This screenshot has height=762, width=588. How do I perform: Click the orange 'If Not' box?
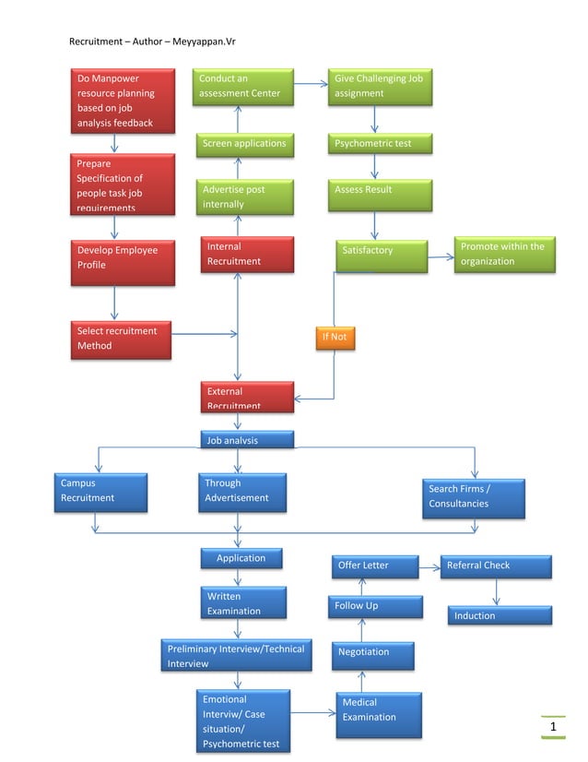point(335,338)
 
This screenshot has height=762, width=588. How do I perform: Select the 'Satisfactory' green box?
point(381,256)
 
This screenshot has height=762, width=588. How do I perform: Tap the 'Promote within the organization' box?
point(506,255)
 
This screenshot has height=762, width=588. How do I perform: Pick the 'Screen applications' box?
point(244,144)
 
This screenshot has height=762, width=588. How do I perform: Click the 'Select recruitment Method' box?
point(121,339)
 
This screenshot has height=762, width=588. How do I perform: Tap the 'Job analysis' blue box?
point(247,440)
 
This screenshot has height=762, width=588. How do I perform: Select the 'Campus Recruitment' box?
point(99,491)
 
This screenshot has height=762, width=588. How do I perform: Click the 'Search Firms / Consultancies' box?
point(476,497)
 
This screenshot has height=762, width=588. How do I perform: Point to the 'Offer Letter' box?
point(373,566)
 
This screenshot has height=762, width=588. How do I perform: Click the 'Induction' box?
point(500,615)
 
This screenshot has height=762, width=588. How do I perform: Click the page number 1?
point(553,729)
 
